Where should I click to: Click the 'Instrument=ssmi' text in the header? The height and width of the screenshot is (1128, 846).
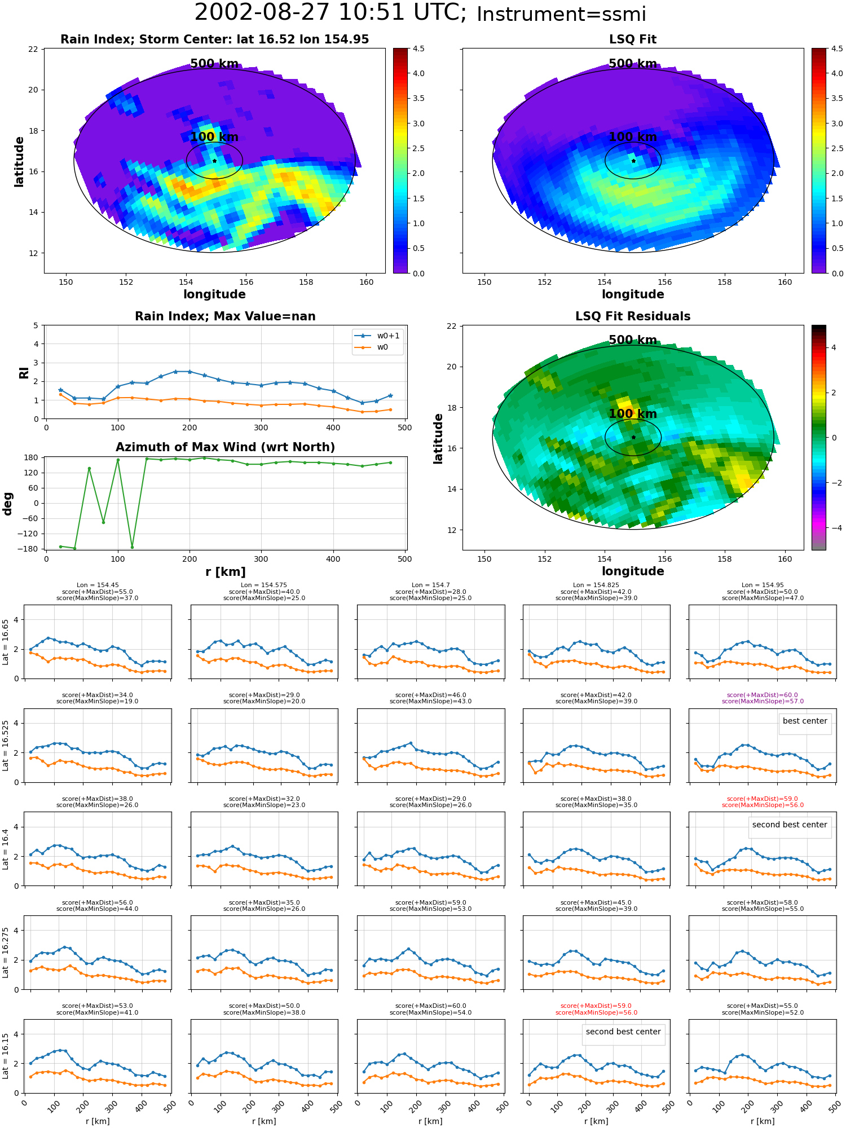tap(561, 15)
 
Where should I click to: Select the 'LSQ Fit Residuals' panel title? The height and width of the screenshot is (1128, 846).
tap(633, 316)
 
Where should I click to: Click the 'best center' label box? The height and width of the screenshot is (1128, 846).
tap(805, 721)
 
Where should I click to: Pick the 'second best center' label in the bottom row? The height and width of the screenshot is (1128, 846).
tap(623, 1032)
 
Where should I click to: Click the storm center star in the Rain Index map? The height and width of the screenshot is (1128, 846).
tap(214, 161)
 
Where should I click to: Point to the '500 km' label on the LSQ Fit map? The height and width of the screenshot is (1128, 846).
tap(633, 64)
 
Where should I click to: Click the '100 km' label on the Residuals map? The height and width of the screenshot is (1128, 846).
tap(633, 414)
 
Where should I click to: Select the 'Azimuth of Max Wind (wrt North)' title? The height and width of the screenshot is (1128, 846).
tap(225, 447)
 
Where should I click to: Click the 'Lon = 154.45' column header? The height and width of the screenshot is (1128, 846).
tap(98, 585)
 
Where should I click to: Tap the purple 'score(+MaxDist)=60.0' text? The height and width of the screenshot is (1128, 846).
tap(763, 695)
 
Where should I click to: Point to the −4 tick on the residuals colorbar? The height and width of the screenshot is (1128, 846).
tap(831, 528)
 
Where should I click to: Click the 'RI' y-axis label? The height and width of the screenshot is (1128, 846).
tap(24, 373)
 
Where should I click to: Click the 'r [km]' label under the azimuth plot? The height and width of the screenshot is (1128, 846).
tap(225, 572)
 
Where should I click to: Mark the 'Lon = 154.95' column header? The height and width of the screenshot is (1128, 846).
tap(763, 585)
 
